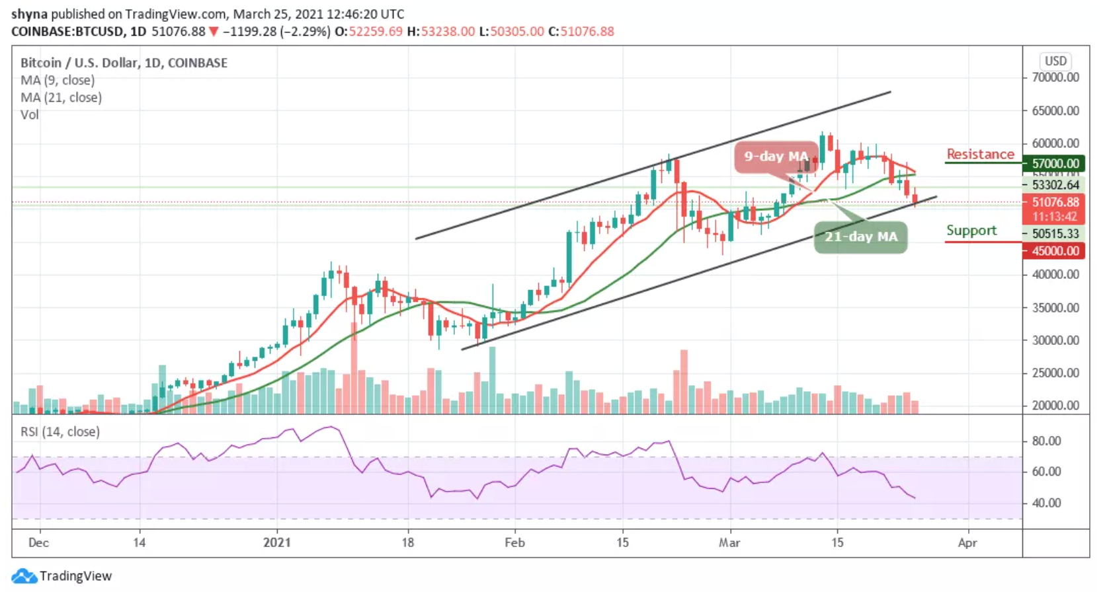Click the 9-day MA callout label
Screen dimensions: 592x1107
(x=776, y=157)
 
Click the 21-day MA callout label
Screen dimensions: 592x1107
(x=860, y=237)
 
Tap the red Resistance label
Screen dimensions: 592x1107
(x=980, y=154)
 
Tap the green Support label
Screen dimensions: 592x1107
(x=971, y=230)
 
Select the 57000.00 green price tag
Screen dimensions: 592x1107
(x=1055, y=163)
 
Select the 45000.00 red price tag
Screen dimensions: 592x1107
(x=1055, y=251)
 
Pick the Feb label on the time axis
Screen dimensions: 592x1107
(x=514, y=542)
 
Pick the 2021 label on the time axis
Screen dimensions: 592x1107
(x=276, y=542)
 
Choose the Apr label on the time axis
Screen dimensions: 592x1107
(x=967, y=542)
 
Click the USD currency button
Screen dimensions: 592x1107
(x=1055, y=61)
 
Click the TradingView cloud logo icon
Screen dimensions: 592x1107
(x=24, y=576)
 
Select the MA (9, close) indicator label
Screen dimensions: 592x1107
(x=58, y=80)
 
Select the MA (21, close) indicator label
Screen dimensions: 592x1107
(x=61, y=97)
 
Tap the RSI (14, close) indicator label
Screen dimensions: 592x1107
(x=60, y=431)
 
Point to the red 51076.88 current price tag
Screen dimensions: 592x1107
(x=1055, y=202)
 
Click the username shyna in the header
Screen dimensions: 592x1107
(x=30, y=14)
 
